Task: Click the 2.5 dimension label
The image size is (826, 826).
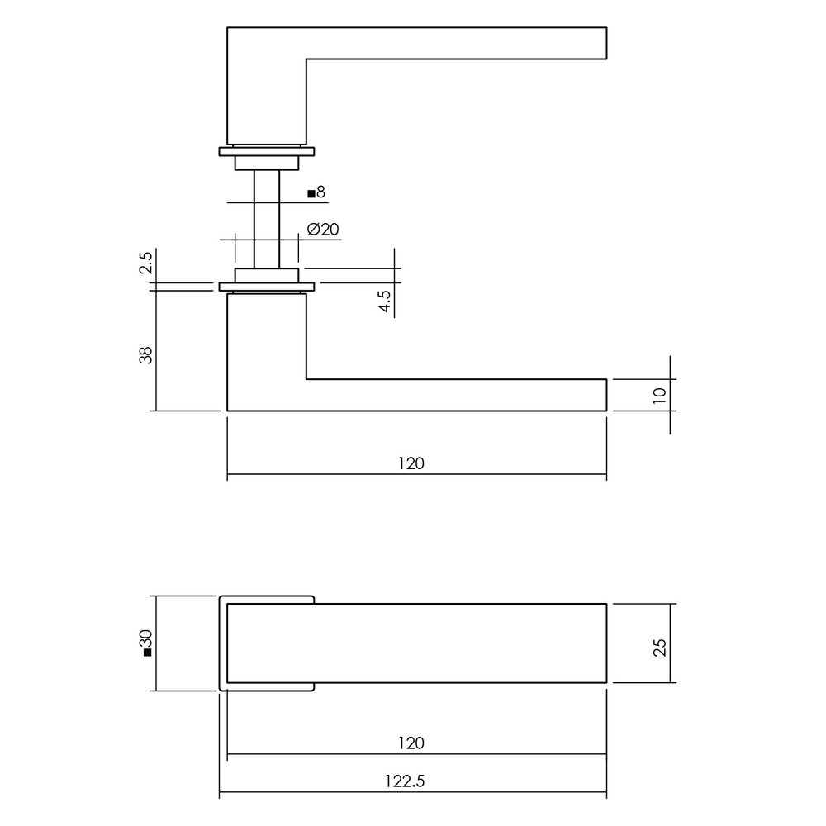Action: tap(146, 264)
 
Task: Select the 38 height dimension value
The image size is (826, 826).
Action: tap(146, 355)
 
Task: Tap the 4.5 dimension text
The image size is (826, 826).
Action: tap(385, 299)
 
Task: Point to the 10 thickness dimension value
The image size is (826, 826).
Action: tap(658, 395)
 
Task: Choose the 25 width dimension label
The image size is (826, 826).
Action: tap(658, 644)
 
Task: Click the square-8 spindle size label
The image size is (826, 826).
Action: tap(316, 193)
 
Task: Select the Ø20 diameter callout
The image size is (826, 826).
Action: tap(323, 230)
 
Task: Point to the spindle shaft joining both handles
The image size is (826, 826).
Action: tap(266, 219)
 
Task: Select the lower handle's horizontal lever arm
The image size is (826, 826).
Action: tap(454, 394)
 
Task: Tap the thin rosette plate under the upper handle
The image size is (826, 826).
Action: tap(266, 152)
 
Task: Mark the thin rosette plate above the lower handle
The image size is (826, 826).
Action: tap(266, 287)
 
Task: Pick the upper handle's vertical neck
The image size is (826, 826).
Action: tap(266, 91)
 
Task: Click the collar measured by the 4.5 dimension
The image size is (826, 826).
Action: tap(266, 274)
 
